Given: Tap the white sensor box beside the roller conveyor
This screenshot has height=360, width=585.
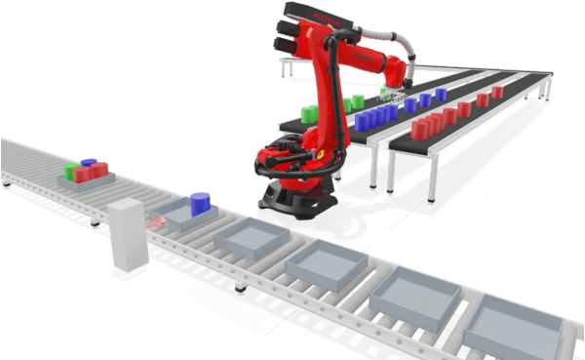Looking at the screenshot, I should click(127, 234).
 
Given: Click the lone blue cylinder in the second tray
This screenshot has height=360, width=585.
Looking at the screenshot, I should click(201, 204).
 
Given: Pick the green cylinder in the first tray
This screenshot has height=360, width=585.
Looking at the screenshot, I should click(69, 172).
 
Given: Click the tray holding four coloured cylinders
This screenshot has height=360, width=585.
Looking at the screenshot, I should click(86, 178).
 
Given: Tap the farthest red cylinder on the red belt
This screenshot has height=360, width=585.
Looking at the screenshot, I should click(497, 92).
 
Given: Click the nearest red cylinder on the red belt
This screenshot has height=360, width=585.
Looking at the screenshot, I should click(418, 131).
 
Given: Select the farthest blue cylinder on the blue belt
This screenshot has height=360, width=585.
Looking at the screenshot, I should click(442, 95).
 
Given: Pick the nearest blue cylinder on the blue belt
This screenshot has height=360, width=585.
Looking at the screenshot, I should click(364, 122).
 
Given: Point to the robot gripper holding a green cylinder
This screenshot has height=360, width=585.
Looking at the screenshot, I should click(390, 95).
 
